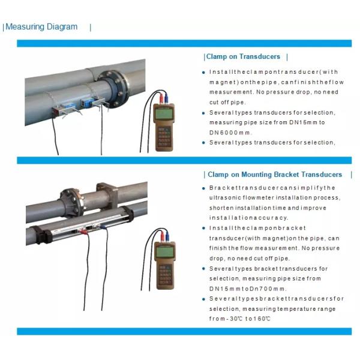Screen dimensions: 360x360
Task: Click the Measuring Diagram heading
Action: [41, 27]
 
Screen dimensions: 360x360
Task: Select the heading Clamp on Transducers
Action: [243, 57]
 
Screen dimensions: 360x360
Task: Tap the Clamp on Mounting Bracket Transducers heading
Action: [275, 175]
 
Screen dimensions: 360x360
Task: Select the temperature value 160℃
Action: [260, 318]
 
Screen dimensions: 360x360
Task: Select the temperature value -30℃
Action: [235, 318]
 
